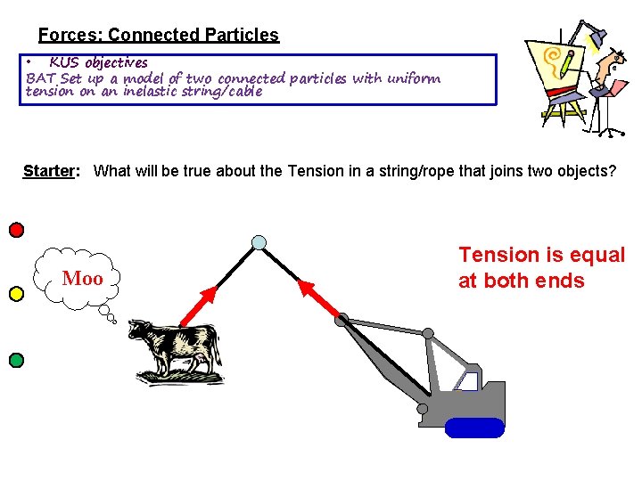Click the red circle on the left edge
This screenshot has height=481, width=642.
click(x=16, y=230)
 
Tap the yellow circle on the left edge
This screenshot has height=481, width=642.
click(x=16, y=294)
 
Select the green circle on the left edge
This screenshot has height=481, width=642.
click(x=16, y=360)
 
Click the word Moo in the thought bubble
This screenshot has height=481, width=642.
click(x=82, y=279)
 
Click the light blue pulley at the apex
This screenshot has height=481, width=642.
click(x=259, y=242)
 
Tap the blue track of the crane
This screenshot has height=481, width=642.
click(x=474, y=428)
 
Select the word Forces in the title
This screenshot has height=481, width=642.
click(x=70, y=36)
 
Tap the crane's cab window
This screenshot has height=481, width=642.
click(x=466, y=381)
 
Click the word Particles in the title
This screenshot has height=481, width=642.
click(x=241, y=36)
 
